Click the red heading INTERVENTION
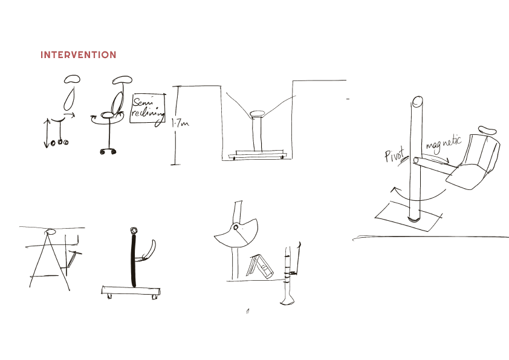pos(78,54)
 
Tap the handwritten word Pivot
pos(395,155)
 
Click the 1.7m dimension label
pos(180,123)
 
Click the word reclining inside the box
pos(148,113)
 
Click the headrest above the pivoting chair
pos(487,130)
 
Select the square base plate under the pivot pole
pos(409,216)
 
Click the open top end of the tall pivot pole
pos(418,102)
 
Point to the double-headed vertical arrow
pos(47,133)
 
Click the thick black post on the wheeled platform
pos(134,261)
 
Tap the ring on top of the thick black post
pos(134,231)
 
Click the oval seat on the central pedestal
pos(258,114)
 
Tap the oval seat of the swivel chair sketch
pos(108,115)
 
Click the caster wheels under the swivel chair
pos(108,151)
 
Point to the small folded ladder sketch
pos(260,266)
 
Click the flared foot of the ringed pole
pos(287,301)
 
